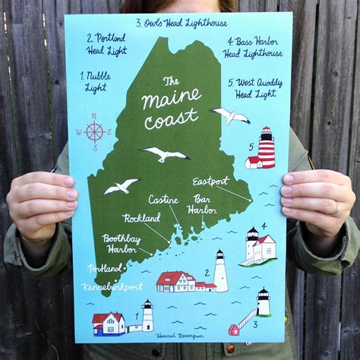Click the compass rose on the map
pyautogui.click(x=94, y=131)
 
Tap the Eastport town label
pyautogui.click(x=210, y=182)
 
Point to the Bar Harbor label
pyautogui.click(x=202, y=204)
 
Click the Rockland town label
pyautogui.click(x=141, y=219)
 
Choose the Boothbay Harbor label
pyautogui.click(x=122, y=242)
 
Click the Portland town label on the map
pyautogui.click(x=104, y=268)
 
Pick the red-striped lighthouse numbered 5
pyautogui.click(x=266, y=147)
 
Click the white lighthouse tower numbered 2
pyautogui.click(x=220, y=271)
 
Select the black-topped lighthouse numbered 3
pyautogui.click(x=263, y=302)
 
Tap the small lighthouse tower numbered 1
pyautogui.click(x=147, y=317)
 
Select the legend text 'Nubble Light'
pyautogui.click(x=96, y=81)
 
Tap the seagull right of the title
pyautogui.click(x=230, y=115)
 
